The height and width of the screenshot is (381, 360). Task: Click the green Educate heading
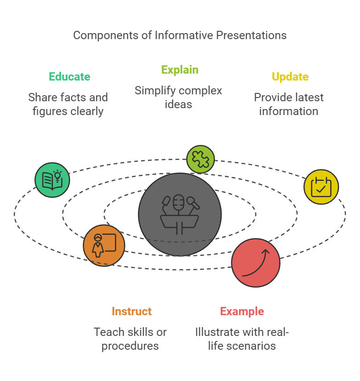(x=70, y=77)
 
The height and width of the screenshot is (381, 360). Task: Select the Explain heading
(x=180, y=70)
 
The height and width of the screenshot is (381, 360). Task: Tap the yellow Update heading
(x=290, y=77)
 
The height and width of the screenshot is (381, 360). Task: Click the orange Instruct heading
(x=131, y=312)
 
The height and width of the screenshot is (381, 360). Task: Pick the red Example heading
(x=242, y=312)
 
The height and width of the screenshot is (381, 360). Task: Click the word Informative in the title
(x=184, y=35)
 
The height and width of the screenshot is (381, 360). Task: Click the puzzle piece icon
(x=200, y=159)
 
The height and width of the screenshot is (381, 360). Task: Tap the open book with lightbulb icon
(x=52, y=180)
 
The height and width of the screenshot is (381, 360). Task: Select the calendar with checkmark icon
(x=321, y=187)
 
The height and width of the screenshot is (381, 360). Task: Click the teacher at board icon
(x=104, y=245)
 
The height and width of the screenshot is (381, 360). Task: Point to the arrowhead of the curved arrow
(x=266, y=251)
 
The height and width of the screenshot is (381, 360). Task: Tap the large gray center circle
(x=180, y=214)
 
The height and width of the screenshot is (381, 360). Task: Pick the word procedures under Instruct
(x=130, y=346)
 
